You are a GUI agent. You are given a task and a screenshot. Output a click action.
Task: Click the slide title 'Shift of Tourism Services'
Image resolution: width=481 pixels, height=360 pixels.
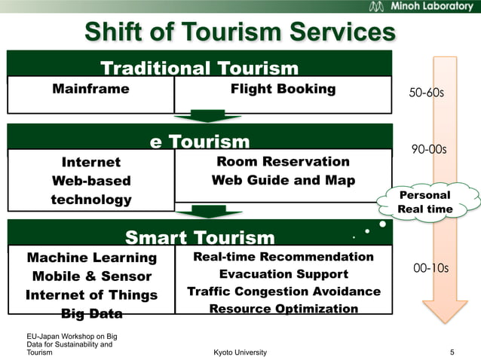tap(240, 32)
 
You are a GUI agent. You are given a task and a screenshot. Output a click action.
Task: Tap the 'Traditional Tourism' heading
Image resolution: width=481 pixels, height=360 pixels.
tap(200, 69)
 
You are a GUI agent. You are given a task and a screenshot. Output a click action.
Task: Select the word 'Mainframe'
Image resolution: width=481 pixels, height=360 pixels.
tap(90, 89)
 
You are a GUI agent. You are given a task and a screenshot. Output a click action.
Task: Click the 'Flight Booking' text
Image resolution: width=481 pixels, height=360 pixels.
tap(283, 89)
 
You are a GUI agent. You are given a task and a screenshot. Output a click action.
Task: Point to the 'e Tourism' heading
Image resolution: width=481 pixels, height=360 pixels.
tap(200, 142)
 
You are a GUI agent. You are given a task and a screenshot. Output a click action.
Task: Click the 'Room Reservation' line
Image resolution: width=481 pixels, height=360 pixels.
tap(283, 161)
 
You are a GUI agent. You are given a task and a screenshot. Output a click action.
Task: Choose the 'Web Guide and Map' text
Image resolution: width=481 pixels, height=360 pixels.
tap(283, 180)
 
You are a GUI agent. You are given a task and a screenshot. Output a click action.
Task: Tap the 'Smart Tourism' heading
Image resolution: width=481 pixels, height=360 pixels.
tap(200, 238)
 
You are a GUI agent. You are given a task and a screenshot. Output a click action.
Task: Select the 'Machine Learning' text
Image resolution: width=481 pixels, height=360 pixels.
tap(91, 258)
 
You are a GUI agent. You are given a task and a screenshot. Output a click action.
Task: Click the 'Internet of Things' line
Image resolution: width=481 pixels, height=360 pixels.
tap(91, 294)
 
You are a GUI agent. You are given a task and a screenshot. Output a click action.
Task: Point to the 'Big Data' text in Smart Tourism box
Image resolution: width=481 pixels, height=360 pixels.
tap(91, 313)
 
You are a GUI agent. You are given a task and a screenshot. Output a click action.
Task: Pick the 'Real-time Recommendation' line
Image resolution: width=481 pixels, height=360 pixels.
tap(283, 257)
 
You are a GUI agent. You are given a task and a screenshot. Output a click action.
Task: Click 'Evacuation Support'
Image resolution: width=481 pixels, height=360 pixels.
tap(283, 274)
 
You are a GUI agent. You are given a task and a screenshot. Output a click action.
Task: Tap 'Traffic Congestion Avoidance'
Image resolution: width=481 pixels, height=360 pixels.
tap(283, 291)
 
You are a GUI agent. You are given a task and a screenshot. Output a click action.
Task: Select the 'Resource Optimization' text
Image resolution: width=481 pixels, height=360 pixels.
tap(283, 309)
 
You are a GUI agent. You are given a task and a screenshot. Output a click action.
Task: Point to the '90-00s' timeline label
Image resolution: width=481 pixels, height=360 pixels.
tap(428, 149)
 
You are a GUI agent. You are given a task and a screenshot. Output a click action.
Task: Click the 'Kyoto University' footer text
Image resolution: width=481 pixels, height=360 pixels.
tap(240, 352)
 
